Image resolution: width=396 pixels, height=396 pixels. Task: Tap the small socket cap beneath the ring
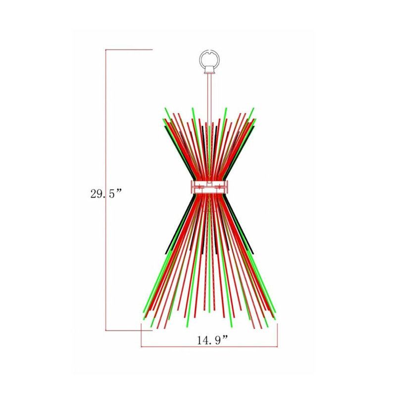209,69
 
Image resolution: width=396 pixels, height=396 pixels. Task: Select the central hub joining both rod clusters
209,187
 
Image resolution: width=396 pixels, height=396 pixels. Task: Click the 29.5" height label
106,194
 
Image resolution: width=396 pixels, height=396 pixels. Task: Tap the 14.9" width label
213,340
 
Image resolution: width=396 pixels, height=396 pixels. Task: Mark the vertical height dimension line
106,190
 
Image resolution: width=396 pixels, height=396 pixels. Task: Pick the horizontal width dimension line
209,346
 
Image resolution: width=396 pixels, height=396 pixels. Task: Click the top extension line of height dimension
129,50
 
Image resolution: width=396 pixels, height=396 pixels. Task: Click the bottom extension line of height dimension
129,330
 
